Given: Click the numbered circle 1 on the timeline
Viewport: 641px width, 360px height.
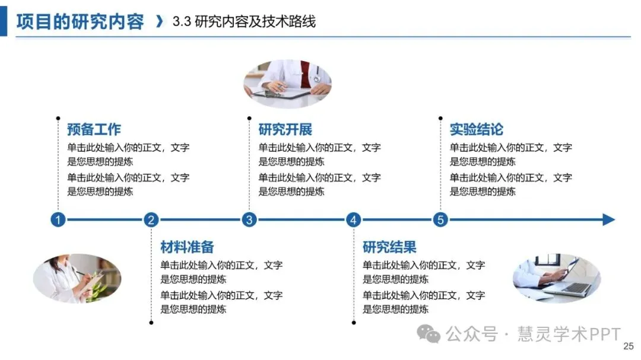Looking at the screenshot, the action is (58, 220).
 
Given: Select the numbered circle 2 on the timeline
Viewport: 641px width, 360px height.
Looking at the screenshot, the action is (151, 220).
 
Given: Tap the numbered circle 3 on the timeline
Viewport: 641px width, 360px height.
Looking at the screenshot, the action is (249, 220).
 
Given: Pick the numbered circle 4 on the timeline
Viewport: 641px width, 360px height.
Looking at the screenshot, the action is (354, 220).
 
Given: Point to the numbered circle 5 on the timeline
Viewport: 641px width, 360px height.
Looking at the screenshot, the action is (440, 220).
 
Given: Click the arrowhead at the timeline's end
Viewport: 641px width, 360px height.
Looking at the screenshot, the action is (609, 220).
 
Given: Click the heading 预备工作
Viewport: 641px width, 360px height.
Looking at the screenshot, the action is (94, 129).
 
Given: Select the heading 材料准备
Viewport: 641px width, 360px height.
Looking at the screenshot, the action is (187, 247).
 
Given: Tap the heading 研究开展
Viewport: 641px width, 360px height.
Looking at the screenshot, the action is (285, 129).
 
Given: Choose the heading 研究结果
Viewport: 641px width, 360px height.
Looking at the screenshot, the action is (389, 247).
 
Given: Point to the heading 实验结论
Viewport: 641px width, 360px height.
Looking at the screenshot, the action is (476, 129).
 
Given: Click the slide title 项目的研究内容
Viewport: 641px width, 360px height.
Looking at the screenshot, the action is (80, 22).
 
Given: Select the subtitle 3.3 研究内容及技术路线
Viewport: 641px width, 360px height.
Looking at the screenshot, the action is (244, 22).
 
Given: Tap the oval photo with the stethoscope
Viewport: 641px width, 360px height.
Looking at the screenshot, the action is (288, 84).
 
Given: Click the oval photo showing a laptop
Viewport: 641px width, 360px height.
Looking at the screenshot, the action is (557, 278).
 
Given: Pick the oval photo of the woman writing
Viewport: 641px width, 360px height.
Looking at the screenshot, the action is (77, 278).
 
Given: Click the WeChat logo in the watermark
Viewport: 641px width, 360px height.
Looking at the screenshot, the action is (429, 334).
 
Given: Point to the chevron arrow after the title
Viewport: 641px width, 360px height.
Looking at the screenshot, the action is (158, 22).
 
